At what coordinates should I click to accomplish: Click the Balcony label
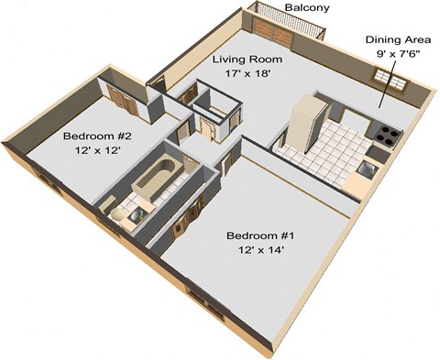(307, 8)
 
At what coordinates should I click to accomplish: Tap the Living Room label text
(247, 59)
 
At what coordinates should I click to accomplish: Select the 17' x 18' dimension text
(247, 73)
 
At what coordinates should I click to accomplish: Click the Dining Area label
(399, 39)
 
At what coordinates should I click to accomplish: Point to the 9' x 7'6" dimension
(399, 54)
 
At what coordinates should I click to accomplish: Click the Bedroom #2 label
(97, 136)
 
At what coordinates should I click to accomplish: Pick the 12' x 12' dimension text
(97, 150)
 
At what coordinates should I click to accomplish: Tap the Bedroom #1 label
(260, 235)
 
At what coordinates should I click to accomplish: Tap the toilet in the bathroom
(116, 214)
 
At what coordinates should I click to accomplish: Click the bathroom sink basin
(136, 215)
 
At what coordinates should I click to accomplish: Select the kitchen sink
(367, 169)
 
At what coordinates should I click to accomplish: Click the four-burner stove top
(388, 135)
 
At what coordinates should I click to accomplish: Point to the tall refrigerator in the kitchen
(306, 123)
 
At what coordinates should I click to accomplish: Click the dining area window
(390, 80)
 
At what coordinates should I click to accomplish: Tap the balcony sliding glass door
(273, 31)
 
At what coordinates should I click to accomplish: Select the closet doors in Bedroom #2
(123, 100)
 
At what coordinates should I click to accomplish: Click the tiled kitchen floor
(327, 153)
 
